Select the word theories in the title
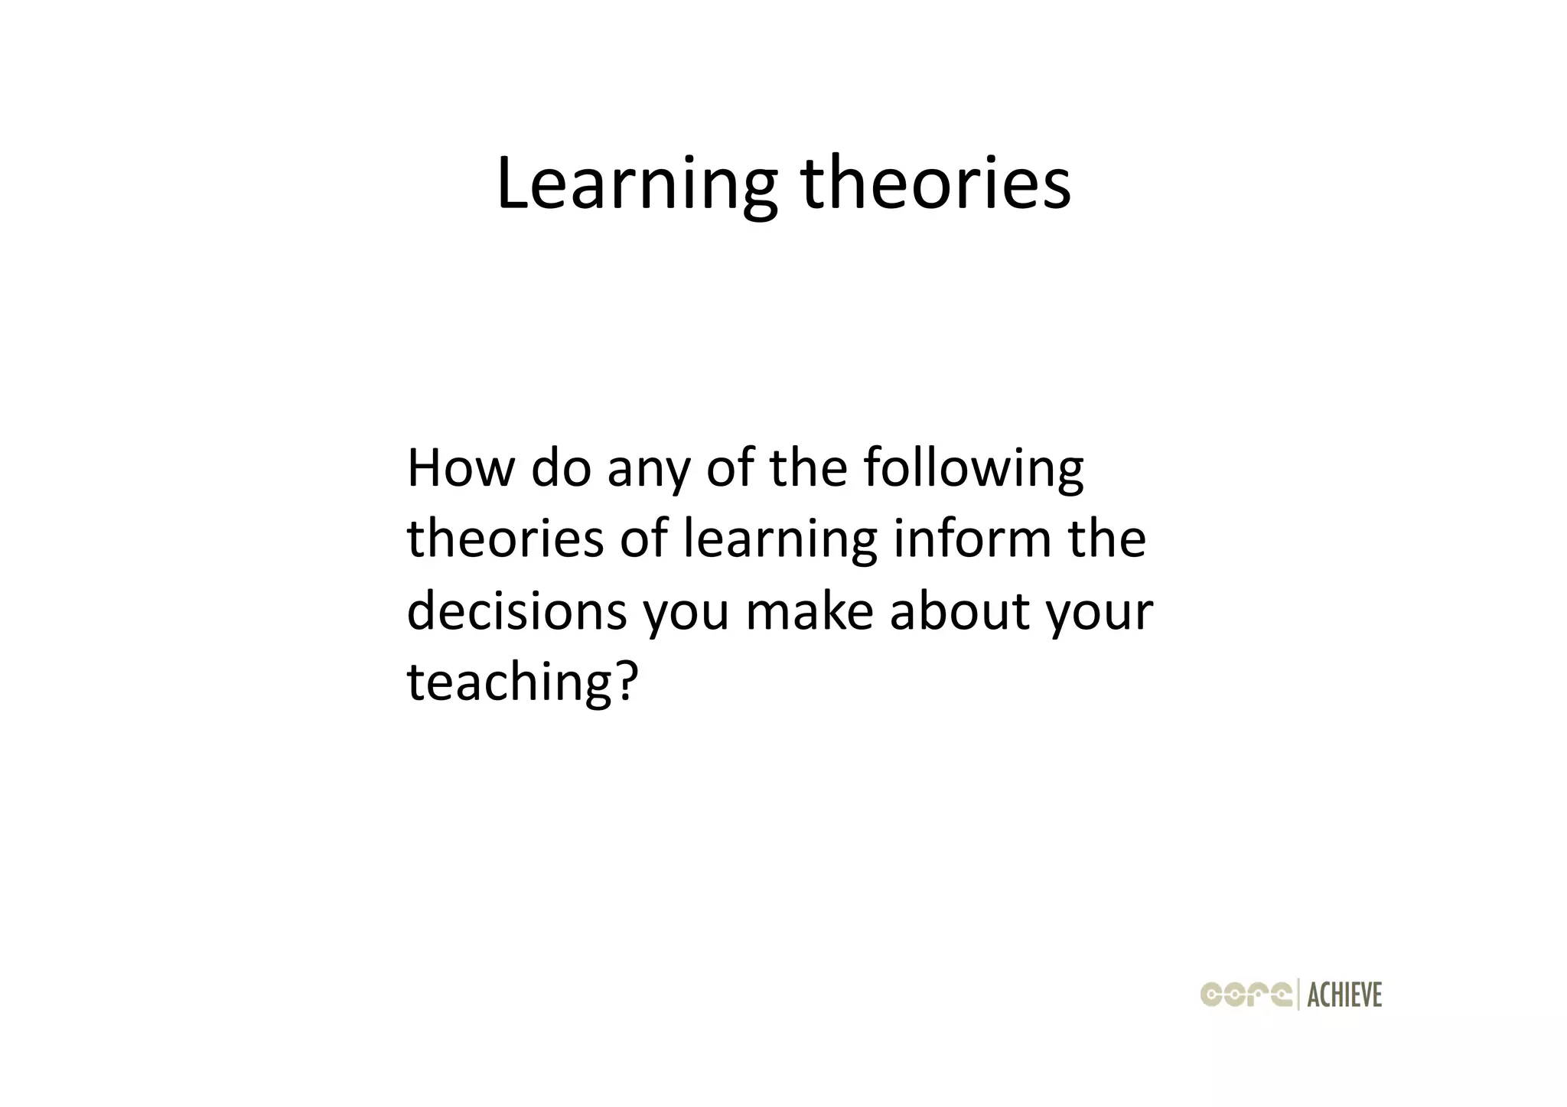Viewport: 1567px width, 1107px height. point(935,184)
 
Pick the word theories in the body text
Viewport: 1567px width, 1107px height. point(505,539)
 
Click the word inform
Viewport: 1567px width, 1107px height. point(972,538)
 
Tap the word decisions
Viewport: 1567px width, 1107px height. point(516,611)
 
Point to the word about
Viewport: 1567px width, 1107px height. point(959,611)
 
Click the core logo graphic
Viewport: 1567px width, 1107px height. point(1246,994)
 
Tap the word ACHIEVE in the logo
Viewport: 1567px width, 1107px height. point(1344,995)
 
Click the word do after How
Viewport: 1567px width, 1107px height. point(561,468)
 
